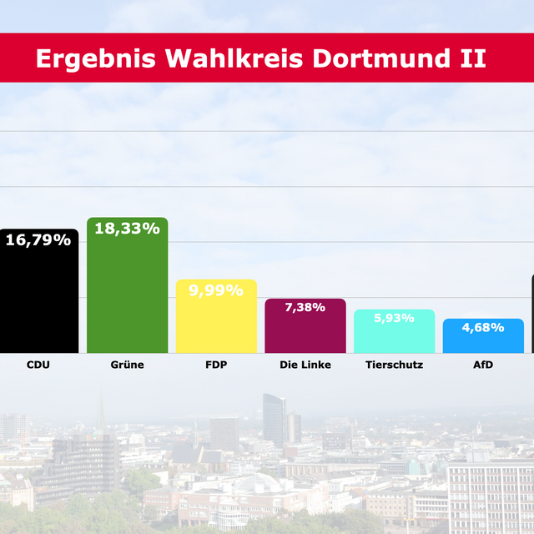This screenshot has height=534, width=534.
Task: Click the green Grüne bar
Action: (x=127, y=292)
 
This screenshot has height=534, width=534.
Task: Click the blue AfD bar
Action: (x=483, y=340)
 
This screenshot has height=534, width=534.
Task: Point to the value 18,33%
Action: (x=127, y=229)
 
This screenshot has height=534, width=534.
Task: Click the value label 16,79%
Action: (x=38, y=240)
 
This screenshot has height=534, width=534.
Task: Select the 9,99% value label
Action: (x=216, y=290)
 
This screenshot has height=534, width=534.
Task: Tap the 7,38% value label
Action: (x=305, y=308)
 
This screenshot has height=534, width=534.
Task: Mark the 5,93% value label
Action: (x=394, y=319)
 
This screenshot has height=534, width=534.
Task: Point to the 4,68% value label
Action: (x=483, y=327)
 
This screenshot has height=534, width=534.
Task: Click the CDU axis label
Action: (x=38, y=365)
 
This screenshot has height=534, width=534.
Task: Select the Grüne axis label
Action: (x=127, y=365)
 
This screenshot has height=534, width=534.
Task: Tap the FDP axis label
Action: (x=216, y=365)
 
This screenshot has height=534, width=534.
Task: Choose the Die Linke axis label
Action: (x=305, y=365)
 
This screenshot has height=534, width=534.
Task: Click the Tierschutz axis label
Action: (x=394, y=365)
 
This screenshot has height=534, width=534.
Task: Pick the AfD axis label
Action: (x=483, y=365)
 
